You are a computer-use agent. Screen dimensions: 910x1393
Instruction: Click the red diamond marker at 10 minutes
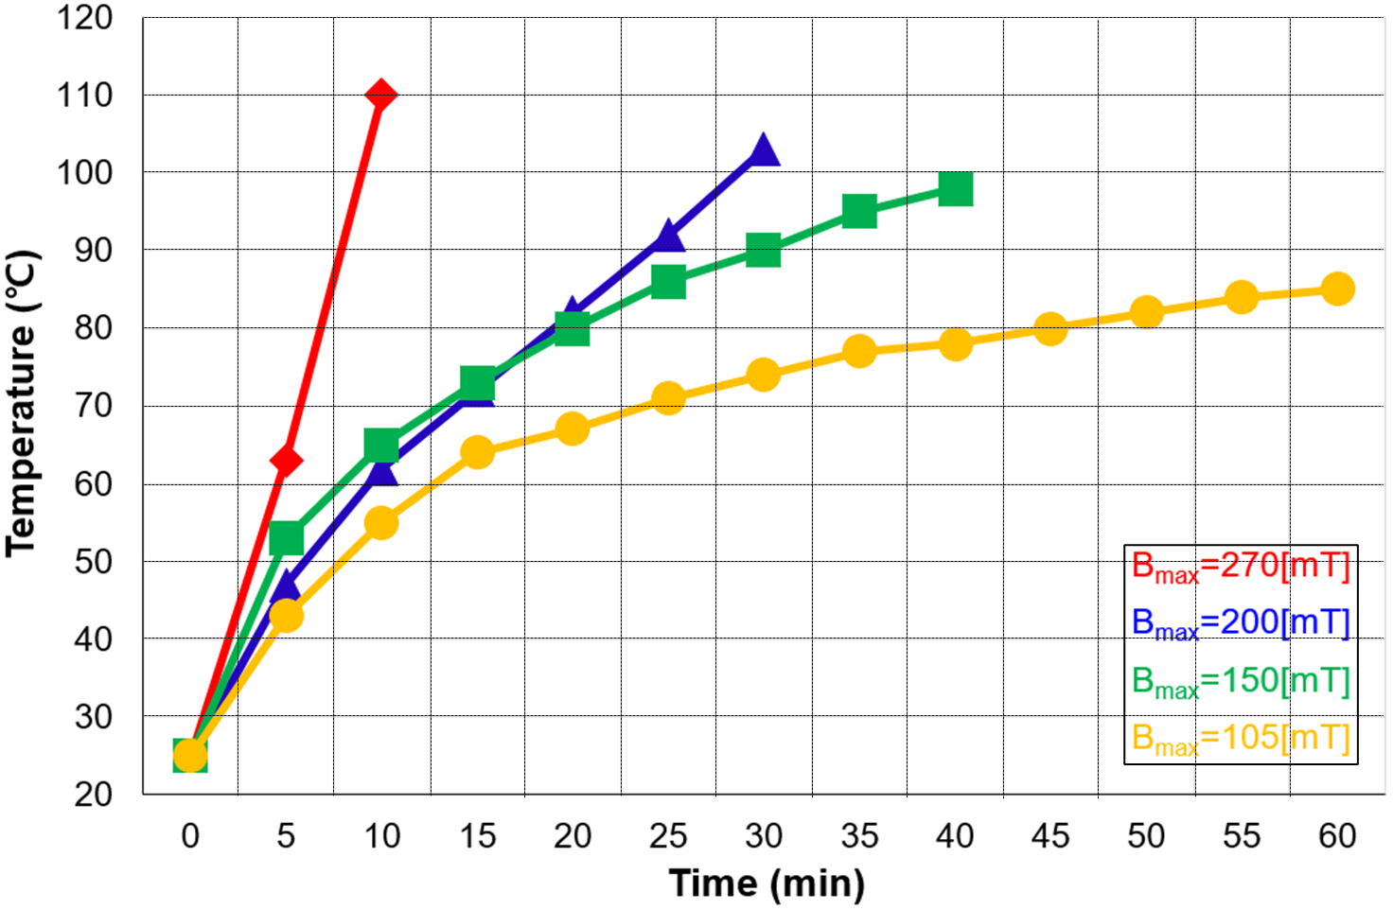[x=380, y=96]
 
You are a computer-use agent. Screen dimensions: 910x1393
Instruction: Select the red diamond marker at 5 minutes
[x=286, y=461]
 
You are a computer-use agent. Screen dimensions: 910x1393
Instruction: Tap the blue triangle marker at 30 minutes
[x=763, y=151]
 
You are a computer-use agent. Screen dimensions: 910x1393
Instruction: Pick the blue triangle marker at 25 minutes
[x=668, y=236]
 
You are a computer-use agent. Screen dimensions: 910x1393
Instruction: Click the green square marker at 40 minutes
[x=955, y=188]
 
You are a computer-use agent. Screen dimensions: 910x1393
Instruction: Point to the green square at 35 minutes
[x=859, y=211]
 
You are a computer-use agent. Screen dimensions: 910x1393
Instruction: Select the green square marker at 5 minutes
[x=286, y=538]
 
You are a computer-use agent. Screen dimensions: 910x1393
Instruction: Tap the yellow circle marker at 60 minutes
[x=1336, y=289]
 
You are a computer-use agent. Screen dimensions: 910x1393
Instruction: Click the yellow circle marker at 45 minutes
[x=1049, y=328]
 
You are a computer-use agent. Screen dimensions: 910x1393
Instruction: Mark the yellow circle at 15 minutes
[x=477, y=452]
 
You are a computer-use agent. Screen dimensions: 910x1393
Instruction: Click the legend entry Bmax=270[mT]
[x=1240, y=567]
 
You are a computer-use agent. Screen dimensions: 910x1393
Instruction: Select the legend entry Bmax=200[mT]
[x=1240, y=623]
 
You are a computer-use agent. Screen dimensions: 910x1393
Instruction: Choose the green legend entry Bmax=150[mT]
[x=1240, y=681]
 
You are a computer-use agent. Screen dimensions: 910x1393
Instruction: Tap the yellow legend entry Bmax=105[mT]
[x=1240, y=739]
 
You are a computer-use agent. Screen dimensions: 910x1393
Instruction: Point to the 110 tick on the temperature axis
[x=85, y=96]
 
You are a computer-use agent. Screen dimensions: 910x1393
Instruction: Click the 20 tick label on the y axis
[x=93, y=795]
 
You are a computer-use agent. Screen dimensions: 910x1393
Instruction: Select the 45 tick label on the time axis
[x=1049, y=836]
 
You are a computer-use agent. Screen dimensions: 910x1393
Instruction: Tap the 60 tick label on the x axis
[x=1336, y=836]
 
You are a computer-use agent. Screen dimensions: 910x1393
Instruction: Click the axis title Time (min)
[x=767, y=884]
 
